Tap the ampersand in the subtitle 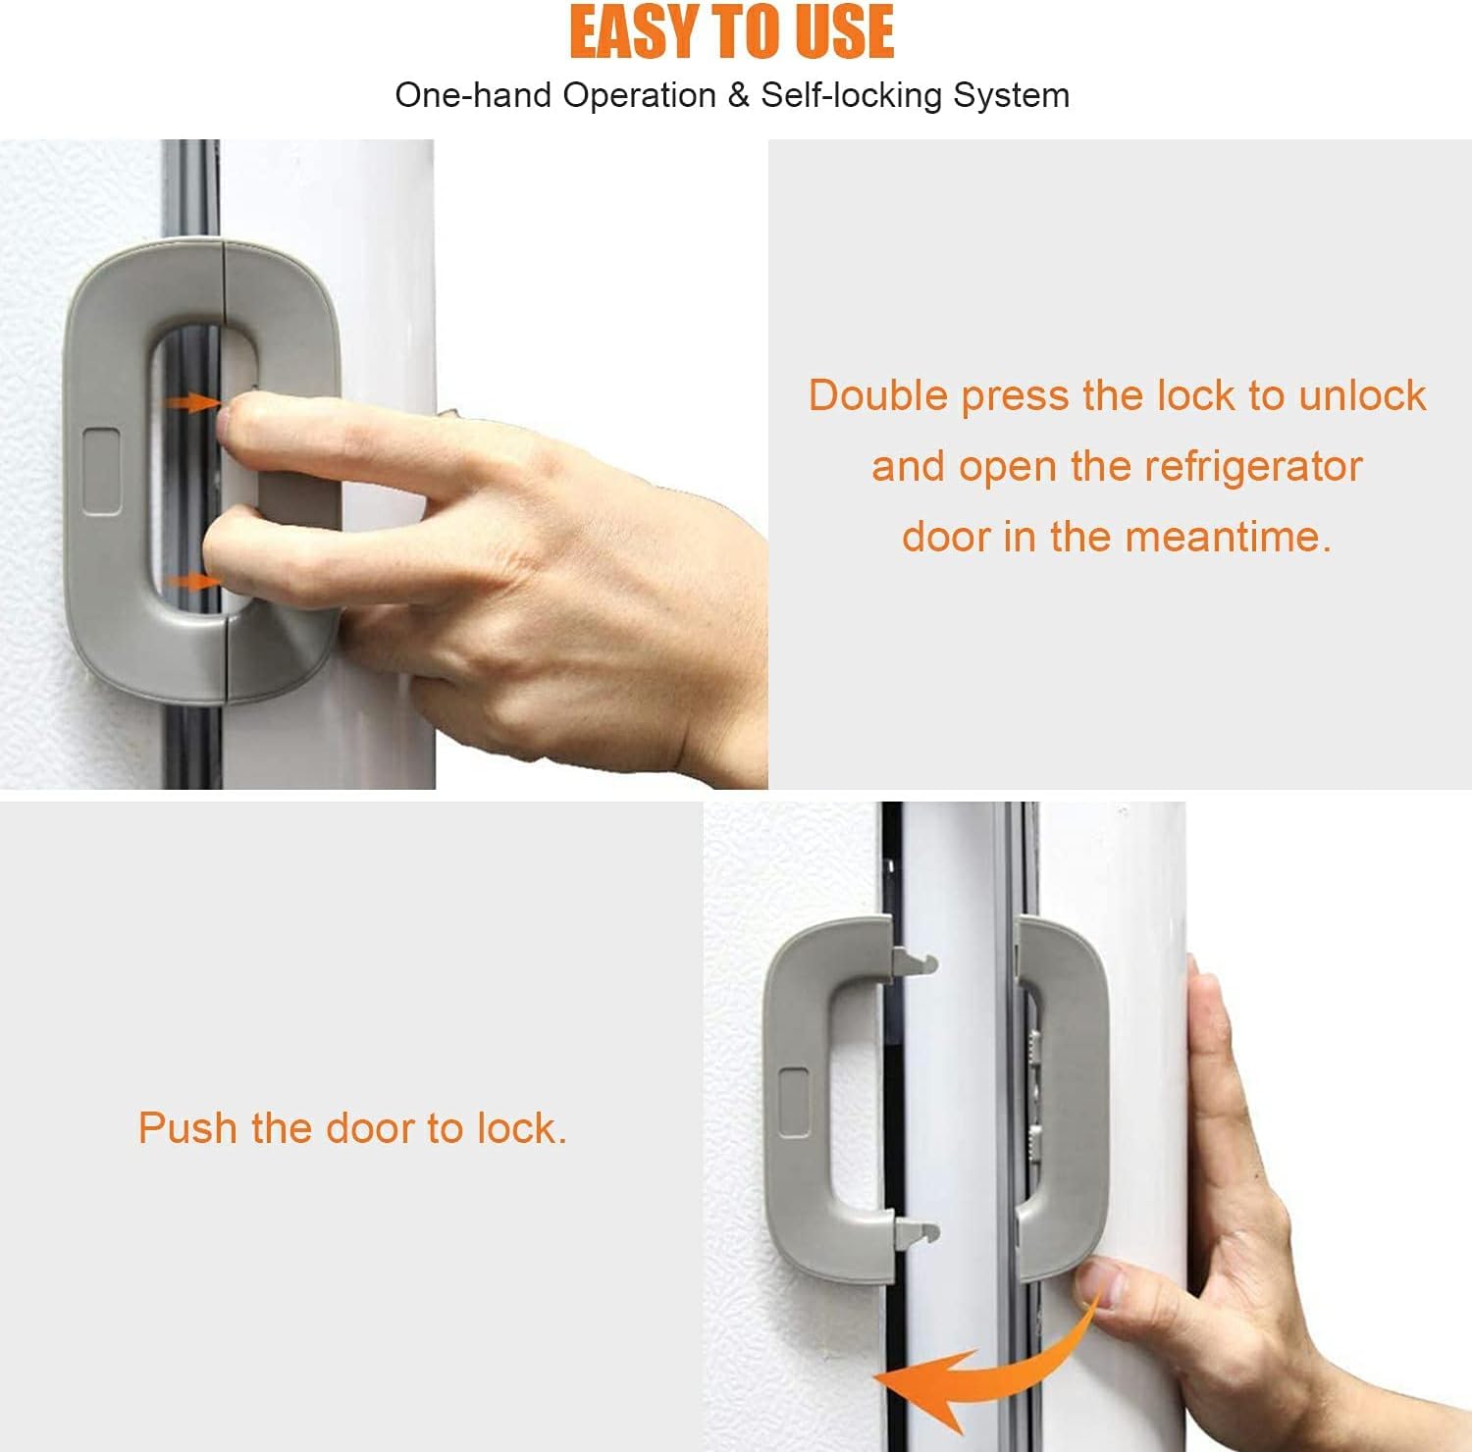tap(738, 95)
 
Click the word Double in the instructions tap(877, 395)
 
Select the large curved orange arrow tap(981, 1364)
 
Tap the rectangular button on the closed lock tap(102, 470)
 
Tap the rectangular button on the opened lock tap(794, 1103)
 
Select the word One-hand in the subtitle tap(457, 95)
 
